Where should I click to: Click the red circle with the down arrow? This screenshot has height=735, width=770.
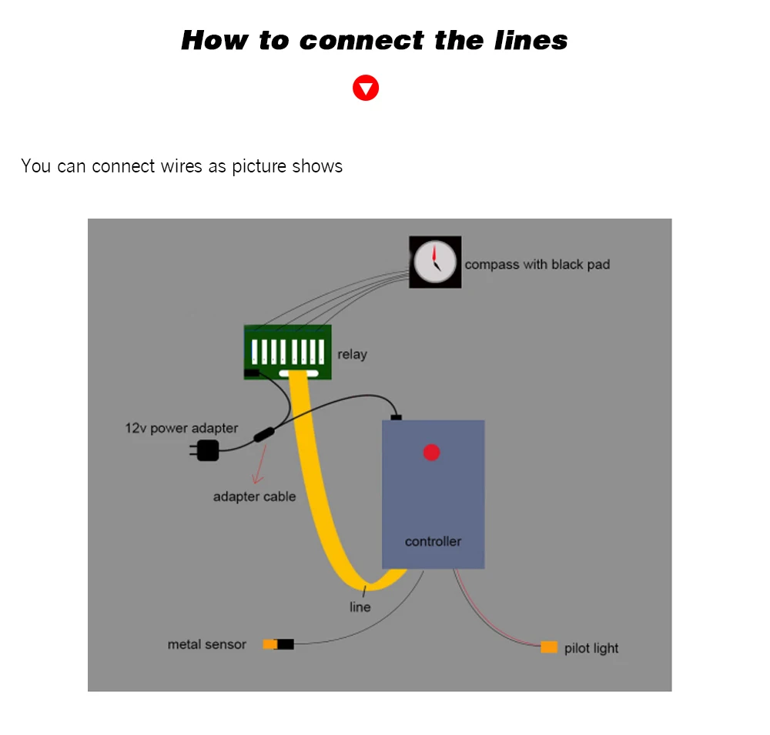coord(366,88)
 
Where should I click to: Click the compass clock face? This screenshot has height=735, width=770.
coord(435,262)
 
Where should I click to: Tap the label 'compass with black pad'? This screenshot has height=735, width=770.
coord(537,264)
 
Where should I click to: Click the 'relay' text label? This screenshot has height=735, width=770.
coord(352,354)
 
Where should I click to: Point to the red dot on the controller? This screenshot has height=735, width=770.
coord(431,453)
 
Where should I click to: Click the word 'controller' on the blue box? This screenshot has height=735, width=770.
coord(433,541)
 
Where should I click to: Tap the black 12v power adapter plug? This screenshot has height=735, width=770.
coord(206,450)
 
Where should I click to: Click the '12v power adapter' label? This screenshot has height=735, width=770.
coord(182,428)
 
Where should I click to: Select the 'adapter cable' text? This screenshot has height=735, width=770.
coord(254,496)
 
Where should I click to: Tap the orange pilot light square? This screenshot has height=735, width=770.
coord(549,647)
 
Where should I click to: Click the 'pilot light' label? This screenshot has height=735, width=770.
coord(591,648)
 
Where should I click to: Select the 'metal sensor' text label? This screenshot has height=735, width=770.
coord(206,644)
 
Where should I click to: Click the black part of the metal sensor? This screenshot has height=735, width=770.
coord(286,644)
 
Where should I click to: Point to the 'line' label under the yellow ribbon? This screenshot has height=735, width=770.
coord(360,606)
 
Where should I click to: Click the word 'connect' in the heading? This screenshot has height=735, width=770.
coord(360,40)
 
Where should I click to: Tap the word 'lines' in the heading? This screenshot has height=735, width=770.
coord(531,40)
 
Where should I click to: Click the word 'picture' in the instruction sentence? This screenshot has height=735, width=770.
coord(259,165)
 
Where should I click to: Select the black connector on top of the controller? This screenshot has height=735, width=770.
coord(396,417)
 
